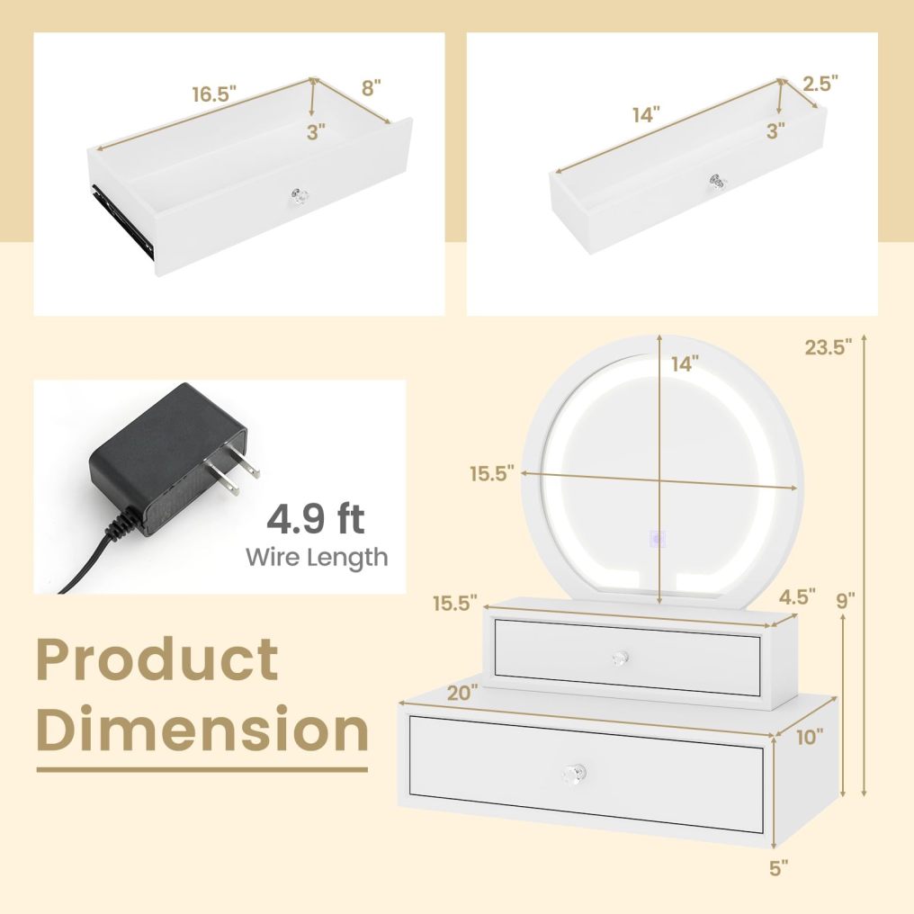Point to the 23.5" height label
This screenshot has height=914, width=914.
pos(828,348)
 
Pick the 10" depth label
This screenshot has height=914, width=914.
pos(809,738)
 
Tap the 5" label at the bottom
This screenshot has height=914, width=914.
pos(778,867)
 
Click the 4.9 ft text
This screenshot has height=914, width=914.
pos(315,521)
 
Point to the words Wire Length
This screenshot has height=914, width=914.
pos(317,557)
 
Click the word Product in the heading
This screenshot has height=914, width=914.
pos(157,659)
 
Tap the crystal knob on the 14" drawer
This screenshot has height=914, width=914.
pos(717,183)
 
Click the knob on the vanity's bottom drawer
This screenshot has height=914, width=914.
pos(575,773)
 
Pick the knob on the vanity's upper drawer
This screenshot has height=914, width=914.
pos(619,658)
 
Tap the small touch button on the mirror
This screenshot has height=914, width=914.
pos(659,540)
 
